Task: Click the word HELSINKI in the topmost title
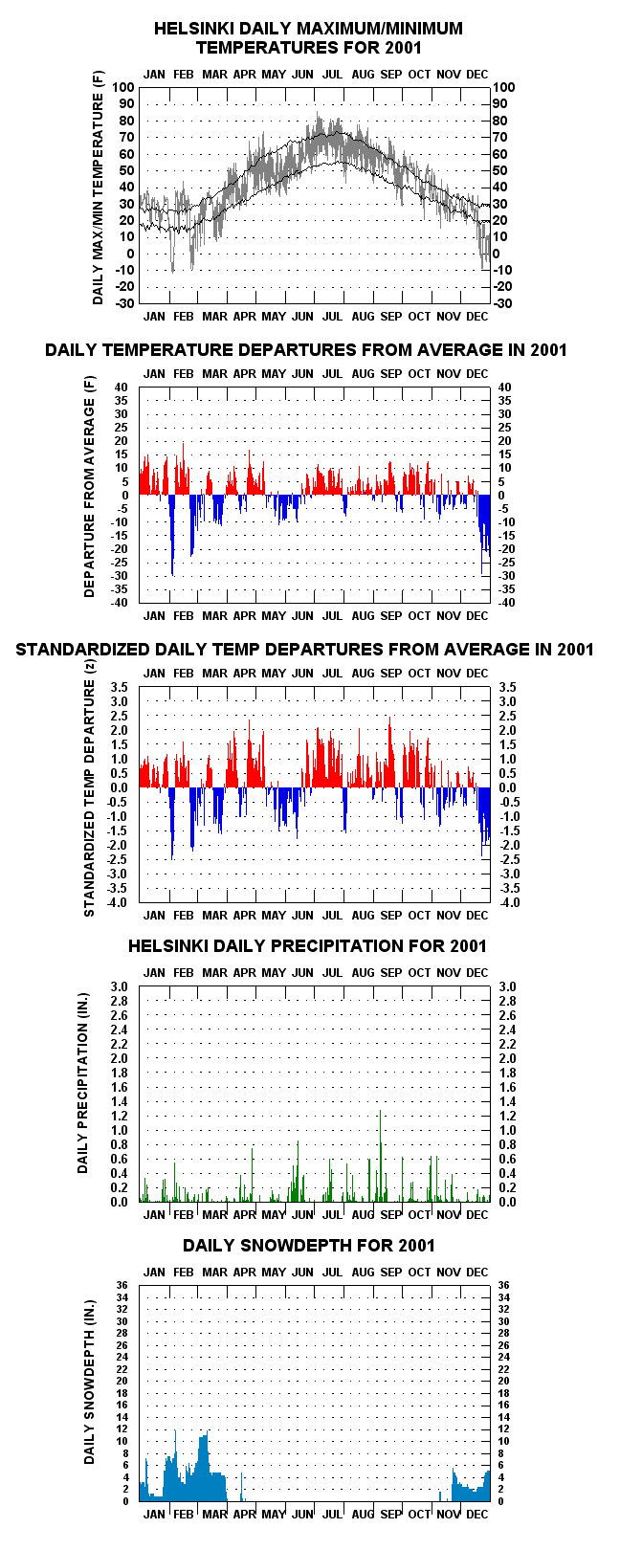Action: pos(189,29)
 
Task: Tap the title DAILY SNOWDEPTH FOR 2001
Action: pos(309,1246)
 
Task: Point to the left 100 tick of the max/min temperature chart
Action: pos(124,87)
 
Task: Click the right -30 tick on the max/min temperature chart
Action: pos(502,303)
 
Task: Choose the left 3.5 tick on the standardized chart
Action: pos(119,687)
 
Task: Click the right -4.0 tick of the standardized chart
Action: pos(510,901)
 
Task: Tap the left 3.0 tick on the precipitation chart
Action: pos(119,986)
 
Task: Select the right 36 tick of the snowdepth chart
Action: pos(503,1286)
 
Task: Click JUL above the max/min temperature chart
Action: pos(332,74)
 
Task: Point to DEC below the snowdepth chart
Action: pos(476,1515)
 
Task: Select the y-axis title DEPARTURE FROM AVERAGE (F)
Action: pos(89,486)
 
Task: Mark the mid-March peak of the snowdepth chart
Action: pos(207,1431)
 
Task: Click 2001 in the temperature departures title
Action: pos(549,349)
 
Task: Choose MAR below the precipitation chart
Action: pos(214,1214)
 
